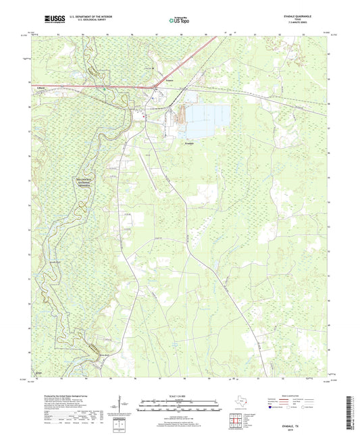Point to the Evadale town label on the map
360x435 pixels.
click(x=190, y=143)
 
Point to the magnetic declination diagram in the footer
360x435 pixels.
click(x=124, y=404)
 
